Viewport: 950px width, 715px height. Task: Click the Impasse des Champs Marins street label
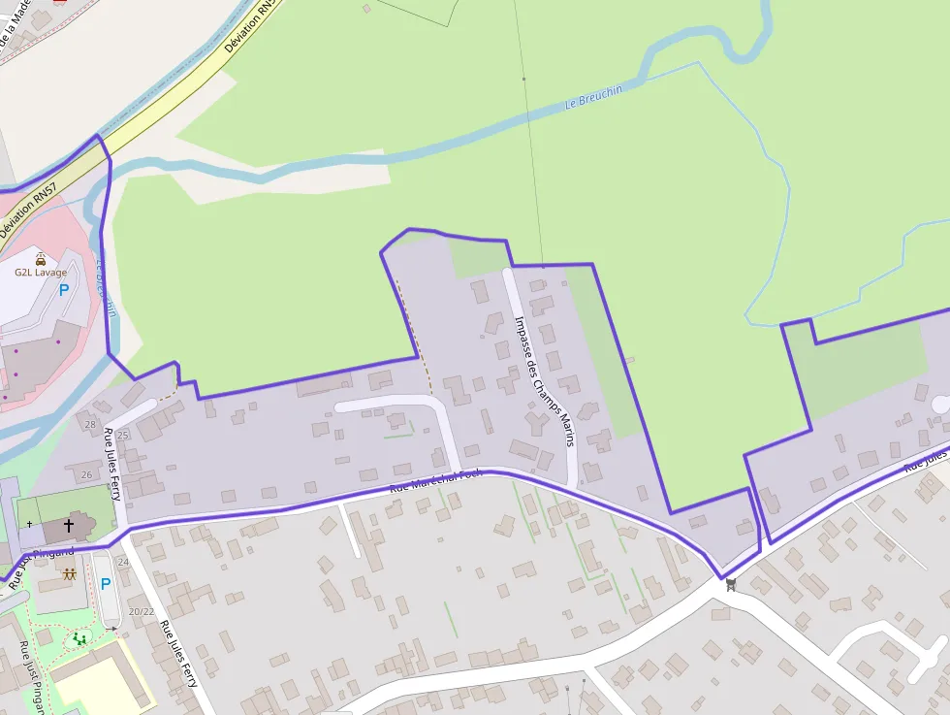pos(544,381)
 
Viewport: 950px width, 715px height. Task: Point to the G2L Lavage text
pos(41,273)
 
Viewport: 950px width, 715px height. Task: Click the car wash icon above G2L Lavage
pos(41,259)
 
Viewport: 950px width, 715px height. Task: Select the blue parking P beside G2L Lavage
pos(64,289)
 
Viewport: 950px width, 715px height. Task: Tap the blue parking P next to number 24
pos(106,584)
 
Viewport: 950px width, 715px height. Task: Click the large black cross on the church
pos(69,525)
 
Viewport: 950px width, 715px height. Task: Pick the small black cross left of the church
pos(29,525)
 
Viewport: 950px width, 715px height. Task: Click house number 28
pos(90,425)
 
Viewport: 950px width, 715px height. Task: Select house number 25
pos(123,436)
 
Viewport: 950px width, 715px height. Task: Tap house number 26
pos(86,474)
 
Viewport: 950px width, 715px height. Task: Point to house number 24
pos(123,562)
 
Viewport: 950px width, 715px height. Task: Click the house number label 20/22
pos(142,611)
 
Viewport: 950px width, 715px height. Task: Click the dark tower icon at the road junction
pos(731,584)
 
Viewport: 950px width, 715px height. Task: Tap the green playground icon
pos(79,638)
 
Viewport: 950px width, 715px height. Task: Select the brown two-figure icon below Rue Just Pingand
pos(69,573)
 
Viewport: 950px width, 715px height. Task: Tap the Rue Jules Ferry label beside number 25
pos(112,464)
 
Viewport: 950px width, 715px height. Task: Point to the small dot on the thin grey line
pos(523,79)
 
